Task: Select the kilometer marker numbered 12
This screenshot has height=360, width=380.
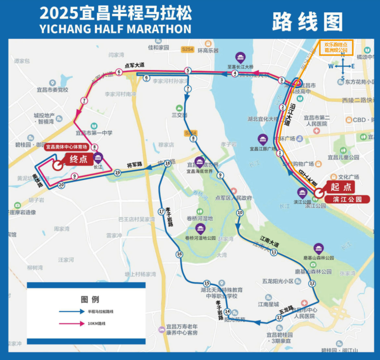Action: pos(312,284)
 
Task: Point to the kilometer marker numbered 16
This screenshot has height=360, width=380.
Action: pos(179,254)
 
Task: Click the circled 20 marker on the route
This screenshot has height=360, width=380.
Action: pos(61,185)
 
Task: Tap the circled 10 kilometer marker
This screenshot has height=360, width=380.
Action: pos(239,212)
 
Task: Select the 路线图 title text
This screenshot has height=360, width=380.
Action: pos(307,21)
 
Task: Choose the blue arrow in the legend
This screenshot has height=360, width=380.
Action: pos(72,312)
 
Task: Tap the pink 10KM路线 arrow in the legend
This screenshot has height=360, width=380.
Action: pos(72,323)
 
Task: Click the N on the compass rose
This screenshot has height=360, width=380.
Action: pos(342,54)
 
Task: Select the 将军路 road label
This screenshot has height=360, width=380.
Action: pos(134,165)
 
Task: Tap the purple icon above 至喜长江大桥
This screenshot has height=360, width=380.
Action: pos(241,58)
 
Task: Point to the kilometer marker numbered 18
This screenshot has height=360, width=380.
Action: pos(168,163)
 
